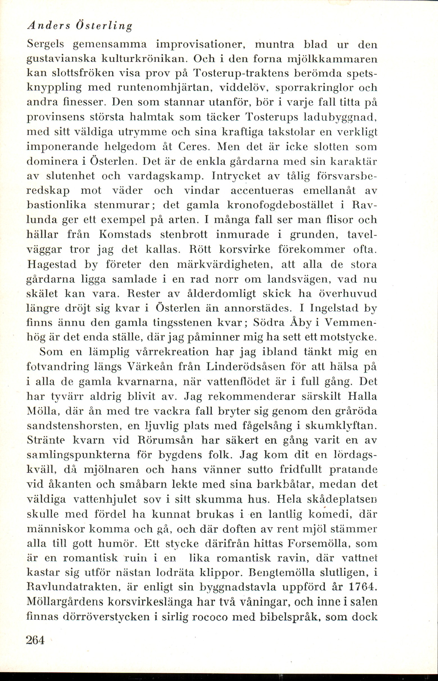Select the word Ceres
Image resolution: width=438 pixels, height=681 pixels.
pyautogui.click(x=194, y=147)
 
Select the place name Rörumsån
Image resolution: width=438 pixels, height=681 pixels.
pyautogui.click(x=165, y=440)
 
